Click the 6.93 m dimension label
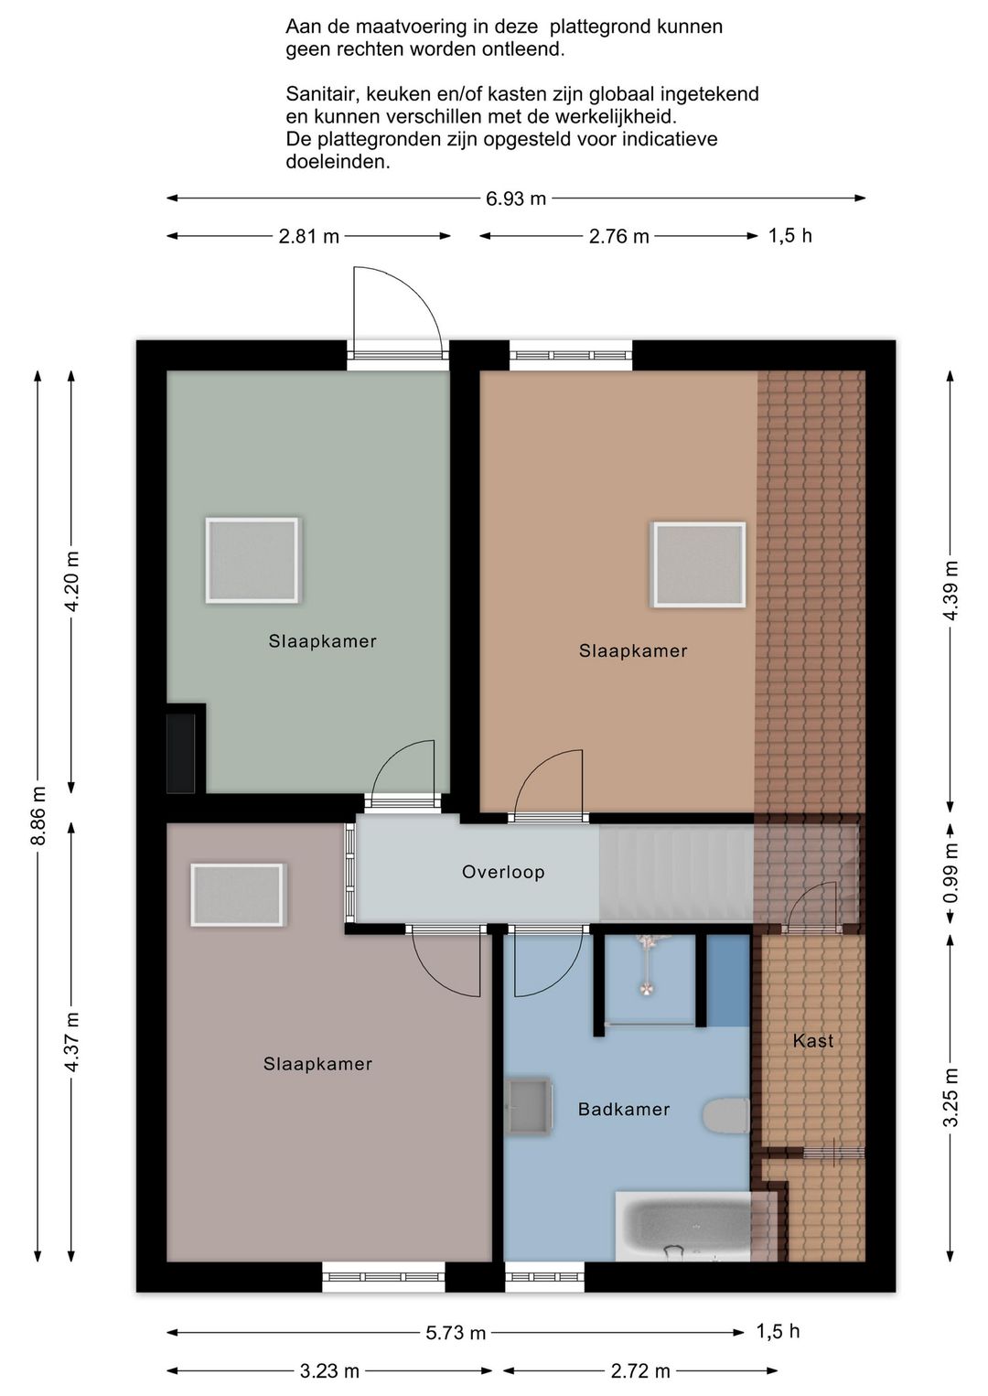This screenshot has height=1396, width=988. (516, 199)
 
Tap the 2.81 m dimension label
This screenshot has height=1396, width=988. (308, 237)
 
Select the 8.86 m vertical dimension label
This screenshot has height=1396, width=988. (38, 815)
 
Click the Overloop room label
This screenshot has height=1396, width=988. (503, 872)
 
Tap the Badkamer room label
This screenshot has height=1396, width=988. (623, 1109)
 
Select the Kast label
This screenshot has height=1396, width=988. (813, 1040)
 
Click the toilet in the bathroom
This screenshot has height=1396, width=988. (725, 1114)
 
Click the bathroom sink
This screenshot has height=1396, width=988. (528, 1106)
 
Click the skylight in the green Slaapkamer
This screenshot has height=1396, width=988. (252, 560)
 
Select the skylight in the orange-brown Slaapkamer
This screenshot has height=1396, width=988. (699, 564)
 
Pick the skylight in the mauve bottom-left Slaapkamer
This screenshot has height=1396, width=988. (236, 895)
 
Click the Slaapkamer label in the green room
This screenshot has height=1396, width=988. (322, 641)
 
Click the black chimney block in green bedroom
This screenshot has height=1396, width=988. (181, 753)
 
